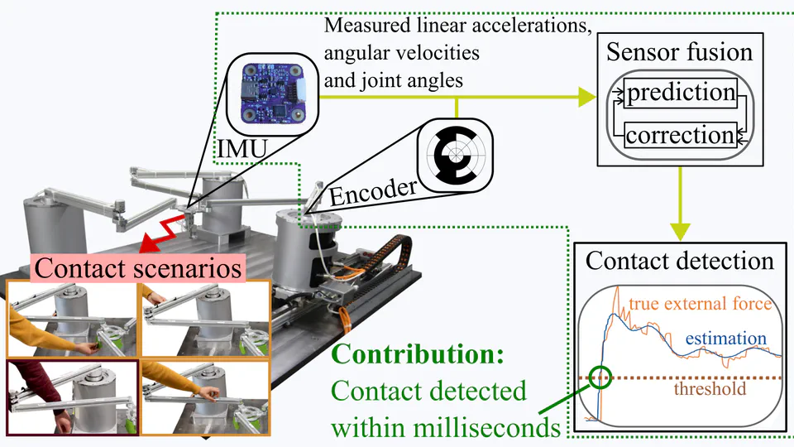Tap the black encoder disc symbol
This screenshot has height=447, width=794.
point(452,154)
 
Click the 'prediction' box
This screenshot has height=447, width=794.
point(680,92)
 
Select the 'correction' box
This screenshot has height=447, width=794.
point(680,134)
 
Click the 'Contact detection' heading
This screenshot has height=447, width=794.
point(679,262)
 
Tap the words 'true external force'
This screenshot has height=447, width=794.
point(700,304)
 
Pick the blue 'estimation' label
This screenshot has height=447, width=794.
point(725,338)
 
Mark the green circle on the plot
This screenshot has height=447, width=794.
point(601,378)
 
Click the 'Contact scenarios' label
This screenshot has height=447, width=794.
point(139,268)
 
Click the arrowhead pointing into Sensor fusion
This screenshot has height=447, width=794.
point(586,96)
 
